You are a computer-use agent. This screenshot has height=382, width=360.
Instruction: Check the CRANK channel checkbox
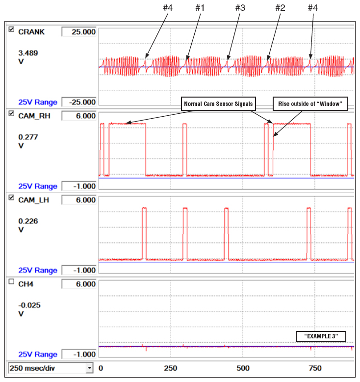[11, 30]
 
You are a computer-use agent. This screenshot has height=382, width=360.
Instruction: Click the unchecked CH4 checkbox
[11, 282]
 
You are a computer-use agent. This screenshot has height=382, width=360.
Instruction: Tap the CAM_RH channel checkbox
[11, 114]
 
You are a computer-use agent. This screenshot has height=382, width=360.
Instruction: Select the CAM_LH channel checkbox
[11, 198]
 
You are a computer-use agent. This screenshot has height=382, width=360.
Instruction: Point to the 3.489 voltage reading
[28, 52]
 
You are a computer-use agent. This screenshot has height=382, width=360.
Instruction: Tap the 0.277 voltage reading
[28, 136]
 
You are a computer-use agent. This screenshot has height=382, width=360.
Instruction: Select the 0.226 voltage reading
[28, 221]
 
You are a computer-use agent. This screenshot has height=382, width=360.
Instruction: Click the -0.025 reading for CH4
[29, 305]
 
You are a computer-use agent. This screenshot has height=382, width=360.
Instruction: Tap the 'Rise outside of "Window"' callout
[309, 103]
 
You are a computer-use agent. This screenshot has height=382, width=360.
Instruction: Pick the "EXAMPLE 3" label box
[321, 336]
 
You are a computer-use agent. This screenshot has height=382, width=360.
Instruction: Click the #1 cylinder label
[200, 8]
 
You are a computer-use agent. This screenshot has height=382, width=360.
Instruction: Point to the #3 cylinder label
[240, 8]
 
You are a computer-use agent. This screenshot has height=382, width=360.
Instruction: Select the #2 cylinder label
[280, 8]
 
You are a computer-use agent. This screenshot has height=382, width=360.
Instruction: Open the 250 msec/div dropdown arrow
[89, 368]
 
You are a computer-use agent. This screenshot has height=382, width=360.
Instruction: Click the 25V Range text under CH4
[37, 355]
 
